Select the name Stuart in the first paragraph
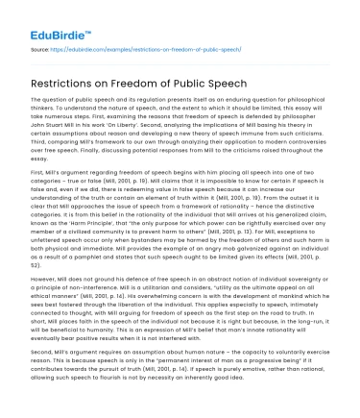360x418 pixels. pyautogui.click(x=51, y=126)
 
